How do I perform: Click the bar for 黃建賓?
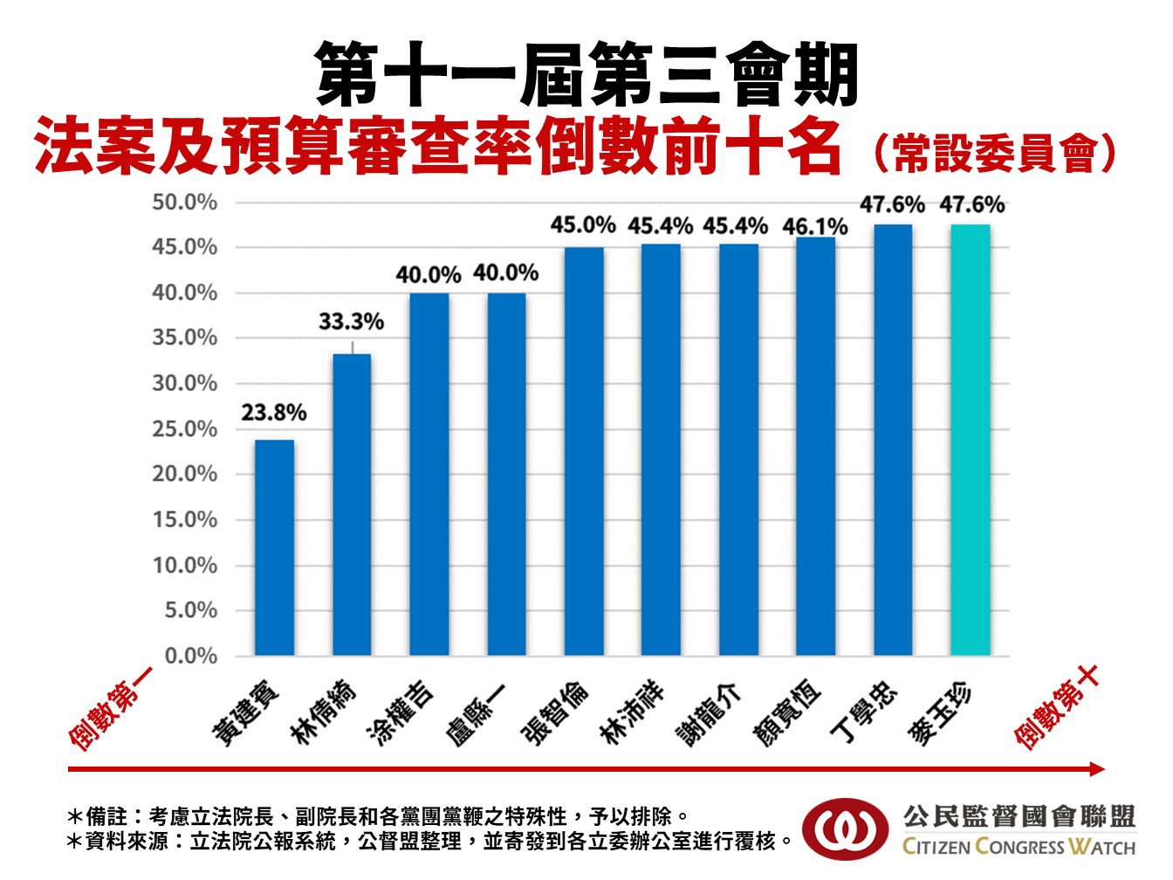(274, 547)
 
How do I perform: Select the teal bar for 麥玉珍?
(970, 440)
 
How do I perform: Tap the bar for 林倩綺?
(352, 505)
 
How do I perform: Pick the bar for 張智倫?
(584, 451)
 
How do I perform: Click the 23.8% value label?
(274, 412)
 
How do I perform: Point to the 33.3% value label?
(351, 321)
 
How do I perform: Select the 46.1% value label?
(815, 227)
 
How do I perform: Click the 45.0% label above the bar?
(583, 225)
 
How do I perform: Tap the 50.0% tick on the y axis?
(184, 203)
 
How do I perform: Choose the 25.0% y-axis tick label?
(184, 429)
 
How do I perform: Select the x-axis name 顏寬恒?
(787, 714)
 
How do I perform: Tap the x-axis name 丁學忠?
(864, 712)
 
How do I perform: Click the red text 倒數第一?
(110, 708)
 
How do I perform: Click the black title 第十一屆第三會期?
(586, 74)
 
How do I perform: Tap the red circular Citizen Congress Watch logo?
(845, 830)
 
